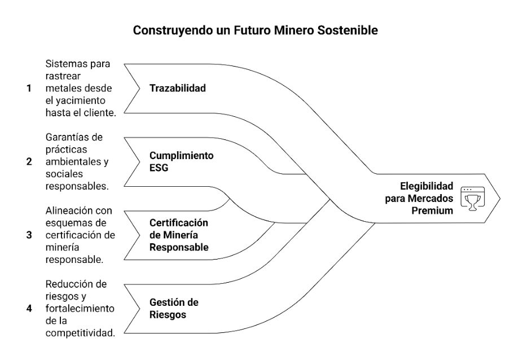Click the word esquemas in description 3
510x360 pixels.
click(67, 223)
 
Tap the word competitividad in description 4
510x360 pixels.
click(80, 333)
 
